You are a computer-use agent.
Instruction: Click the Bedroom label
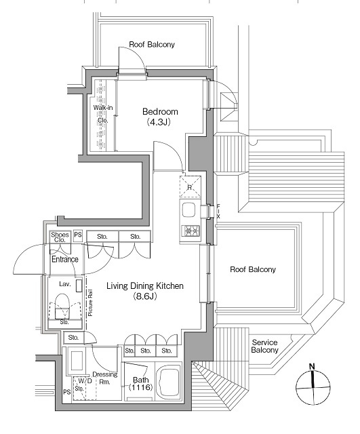pos(160,111)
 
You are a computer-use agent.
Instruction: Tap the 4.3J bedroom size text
pos(158,122)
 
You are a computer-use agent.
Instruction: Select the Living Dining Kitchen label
pos(145,285)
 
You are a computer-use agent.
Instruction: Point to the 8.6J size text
pos(145,296)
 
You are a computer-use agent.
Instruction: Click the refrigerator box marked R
pos(190,186)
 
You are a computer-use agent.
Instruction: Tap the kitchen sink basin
pos(188,211)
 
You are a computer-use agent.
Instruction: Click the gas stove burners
pos(190,231)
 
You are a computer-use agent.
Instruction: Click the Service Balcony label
pos(264,347)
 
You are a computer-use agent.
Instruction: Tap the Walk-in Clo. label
pos(103,114)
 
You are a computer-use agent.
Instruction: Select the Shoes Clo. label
pos(60,237)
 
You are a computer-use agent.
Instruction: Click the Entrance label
pos(65,259)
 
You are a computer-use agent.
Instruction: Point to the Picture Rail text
pos(90,303)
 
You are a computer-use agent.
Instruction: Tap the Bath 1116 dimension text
pos(141,384)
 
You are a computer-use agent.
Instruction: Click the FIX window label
pos(218,212)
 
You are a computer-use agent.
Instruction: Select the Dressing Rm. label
pos(105,378)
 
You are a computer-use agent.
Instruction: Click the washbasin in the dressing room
pos(77,361)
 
